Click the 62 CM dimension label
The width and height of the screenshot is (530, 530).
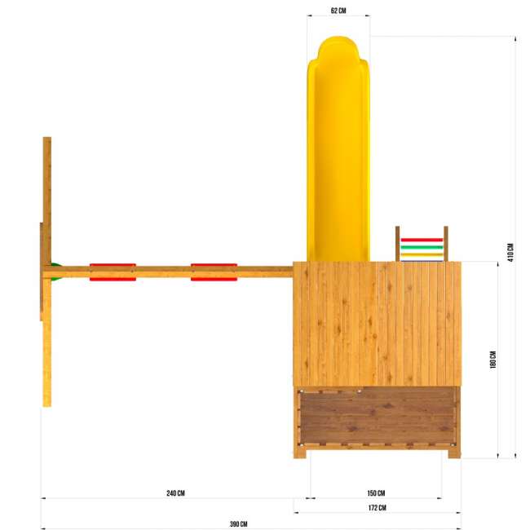pyautogui.click(x=338, y=11)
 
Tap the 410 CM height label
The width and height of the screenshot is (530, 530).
pyautogui.click(x=510, y=252)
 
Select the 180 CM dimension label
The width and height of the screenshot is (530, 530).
pyautogui.click(x=493, y=360)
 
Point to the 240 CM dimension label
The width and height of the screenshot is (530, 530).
pyautogui.click(x=175, y=493)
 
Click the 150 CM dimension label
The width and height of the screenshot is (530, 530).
pyautogui.click(x=376, y=493)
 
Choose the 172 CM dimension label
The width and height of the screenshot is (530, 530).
pyautogui.click(x=378, y=508)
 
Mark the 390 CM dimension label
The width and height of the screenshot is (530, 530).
pyautogui.click(x=239, y=524)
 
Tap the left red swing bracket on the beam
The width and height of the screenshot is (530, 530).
pyautogui.click(x=113, y=272)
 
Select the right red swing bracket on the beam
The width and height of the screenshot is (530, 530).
pyautogui.click(x=214, y=272)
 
